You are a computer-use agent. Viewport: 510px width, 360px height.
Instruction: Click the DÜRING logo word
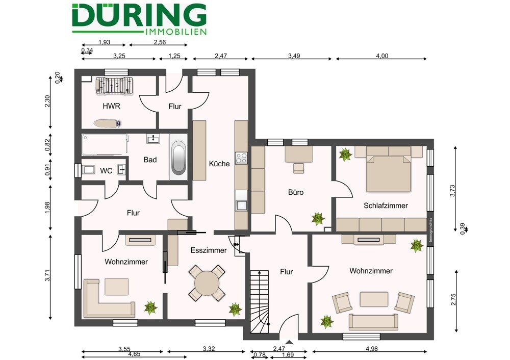139,15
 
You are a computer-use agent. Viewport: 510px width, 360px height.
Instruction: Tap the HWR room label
112,106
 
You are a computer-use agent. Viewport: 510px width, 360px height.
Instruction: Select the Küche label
219,164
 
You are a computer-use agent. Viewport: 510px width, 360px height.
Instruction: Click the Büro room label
296,192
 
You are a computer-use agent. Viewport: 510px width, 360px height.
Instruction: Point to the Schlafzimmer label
386,205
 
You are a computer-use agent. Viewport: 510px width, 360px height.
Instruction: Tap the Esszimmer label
209,250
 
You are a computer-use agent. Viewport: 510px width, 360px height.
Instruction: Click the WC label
106,171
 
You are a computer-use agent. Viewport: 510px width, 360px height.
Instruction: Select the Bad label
150,160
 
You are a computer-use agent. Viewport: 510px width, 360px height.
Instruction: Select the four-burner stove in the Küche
241,158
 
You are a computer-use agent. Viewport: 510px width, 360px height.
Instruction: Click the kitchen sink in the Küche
241,205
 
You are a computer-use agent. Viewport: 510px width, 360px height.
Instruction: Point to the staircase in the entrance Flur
259,301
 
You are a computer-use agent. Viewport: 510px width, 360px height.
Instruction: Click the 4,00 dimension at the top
382,56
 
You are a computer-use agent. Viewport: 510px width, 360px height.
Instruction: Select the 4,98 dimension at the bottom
371,349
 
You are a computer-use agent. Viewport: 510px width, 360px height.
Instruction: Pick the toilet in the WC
88,170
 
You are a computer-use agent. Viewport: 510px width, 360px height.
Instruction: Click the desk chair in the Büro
298,168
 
